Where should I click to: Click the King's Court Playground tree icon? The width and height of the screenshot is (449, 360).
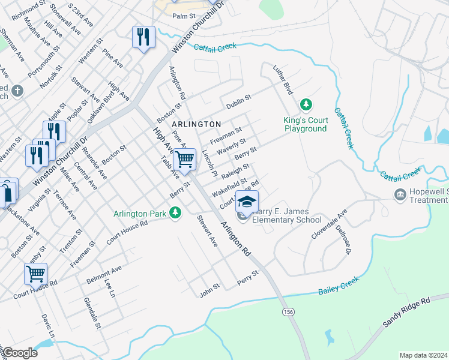coord(306,106)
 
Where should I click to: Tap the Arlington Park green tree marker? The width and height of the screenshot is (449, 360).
coord(175,213)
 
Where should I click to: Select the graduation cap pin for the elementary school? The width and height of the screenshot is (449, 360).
coord(246,202)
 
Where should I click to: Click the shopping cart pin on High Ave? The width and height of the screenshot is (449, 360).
coord(185,160)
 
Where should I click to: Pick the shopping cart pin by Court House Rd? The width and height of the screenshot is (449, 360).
coord(35,274)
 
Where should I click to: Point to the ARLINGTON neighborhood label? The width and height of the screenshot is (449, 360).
coord(196,124)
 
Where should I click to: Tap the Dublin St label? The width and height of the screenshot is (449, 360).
coord(238,101)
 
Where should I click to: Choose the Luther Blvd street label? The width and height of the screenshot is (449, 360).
coord(282,80)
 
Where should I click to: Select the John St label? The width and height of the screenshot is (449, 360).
coord(210,290)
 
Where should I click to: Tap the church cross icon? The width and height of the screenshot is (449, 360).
coord(17,91)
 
